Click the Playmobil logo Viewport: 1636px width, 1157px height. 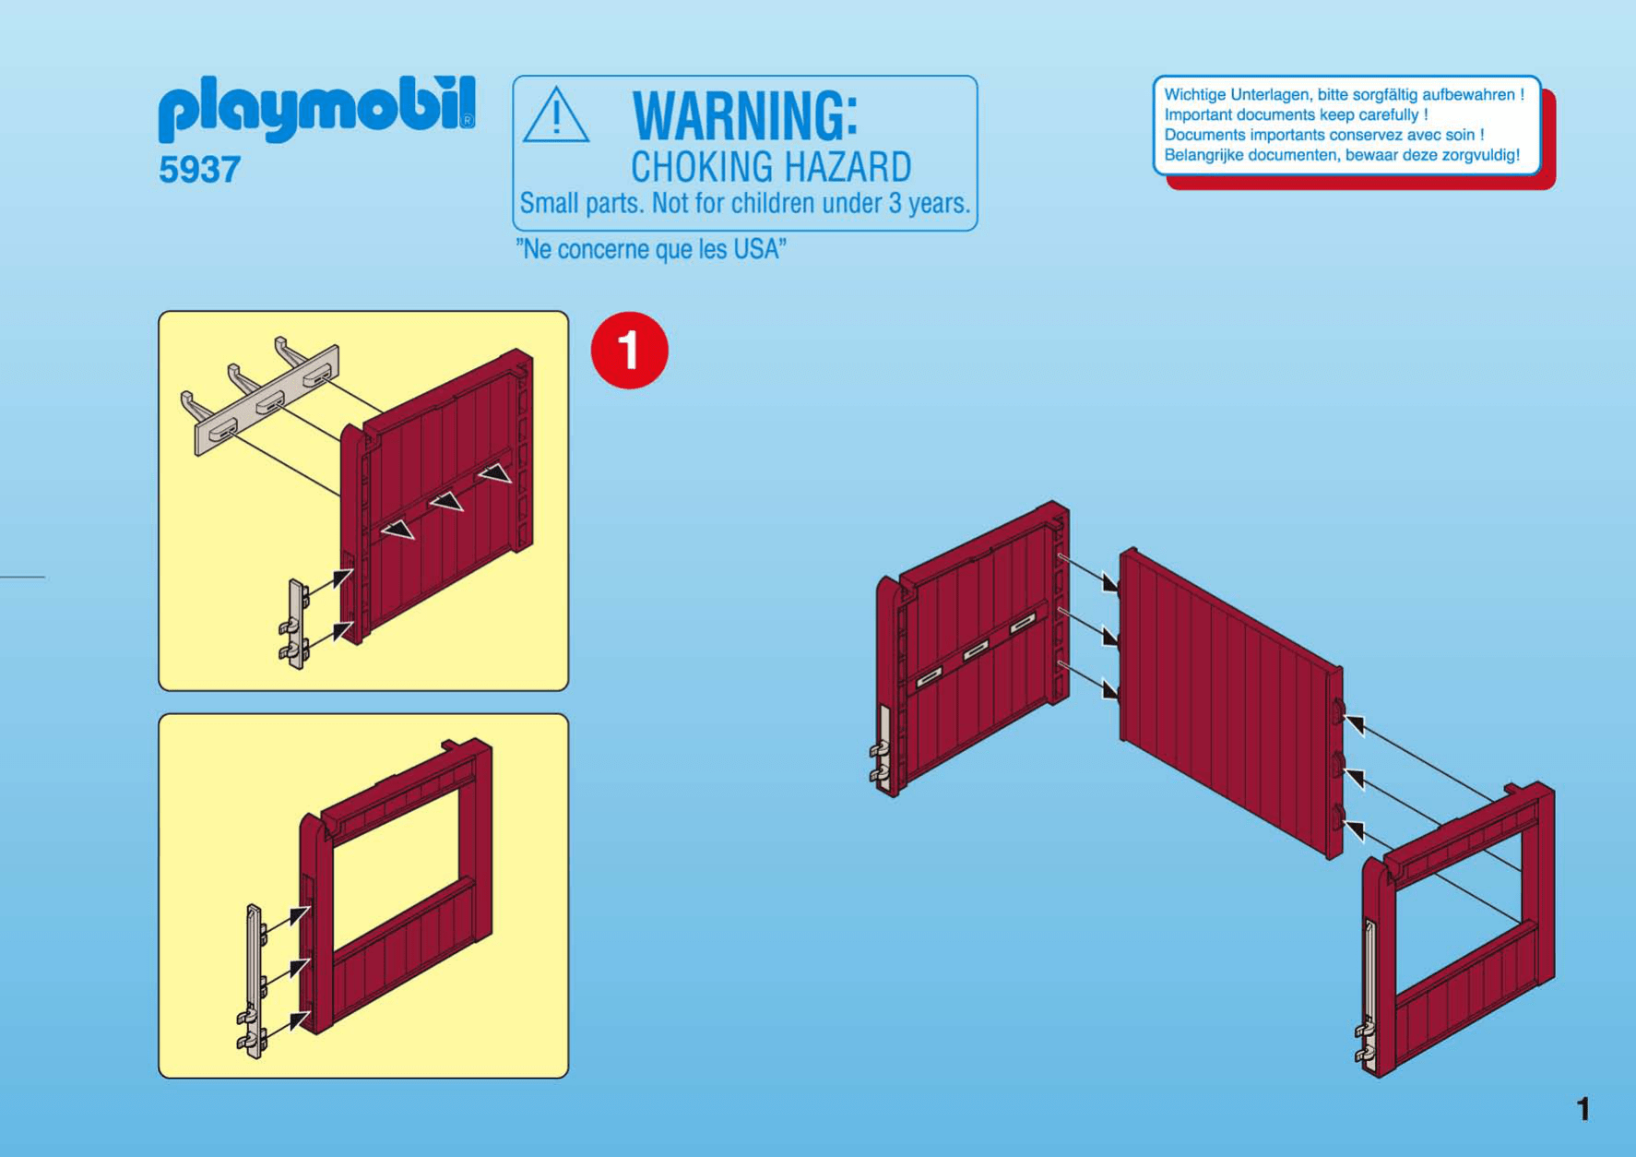coord(317,108)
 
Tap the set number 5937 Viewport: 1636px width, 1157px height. coord(199,170)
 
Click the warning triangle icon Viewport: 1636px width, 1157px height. coord(555,115)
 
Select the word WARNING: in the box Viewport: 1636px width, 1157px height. coord(745,115)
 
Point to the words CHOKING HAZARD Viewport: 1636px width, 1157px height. coord(771,167)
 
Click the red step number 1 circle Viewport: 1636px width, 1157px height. coord(630,351)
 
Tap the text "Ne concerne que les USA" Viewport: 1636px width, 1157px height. coord(651,249)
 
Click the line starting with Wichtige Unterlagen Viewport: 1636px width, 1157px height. coord(1344,94)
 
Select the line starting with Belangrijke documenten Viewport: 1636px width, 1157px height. coord(1342,155)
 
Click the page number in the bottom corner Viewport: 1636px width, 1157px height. coord(1583,1108)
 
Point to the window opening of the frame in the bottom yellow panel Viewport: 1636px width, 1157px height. coord(396,855)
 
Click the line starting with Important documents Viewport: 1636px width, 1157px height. coord(1296,114)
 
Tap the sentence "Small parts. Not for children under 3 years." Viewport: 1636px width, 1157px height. coord(745,203)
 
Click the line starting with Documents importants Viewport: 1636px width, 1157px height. coord(1324,135)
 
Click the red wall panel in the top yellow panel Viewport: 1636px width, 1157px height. coord(437,495)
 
